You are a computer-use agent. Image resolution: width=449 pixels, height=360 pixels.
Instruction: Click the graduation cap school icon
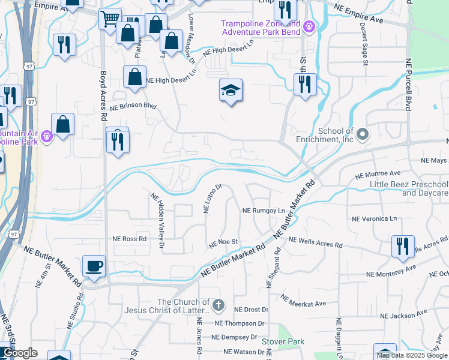pos(231,90)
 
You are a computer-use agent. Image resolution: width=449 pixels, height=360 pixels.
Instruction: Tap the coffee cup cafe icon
pos(94,266)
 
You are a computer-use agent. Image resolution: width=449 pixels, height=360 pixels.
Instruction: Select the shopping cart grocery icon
pos(110,19)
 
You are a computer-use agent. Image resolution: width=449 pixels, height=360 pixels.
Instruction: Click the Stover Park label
pos(283,341)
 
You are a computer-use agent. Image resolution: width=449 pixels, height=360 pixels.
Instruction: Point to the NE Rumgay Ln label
pos(263,211)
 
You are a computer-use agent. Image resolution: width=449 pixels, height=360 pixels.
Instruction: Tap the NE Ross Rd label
pos(130,238)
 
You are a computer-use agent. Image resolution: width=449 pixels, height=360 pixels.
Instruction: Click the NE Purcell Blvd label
pos(408,85)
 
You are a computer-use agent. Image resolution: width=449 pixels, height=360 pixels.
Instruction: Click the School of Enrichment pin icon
pos(362,134)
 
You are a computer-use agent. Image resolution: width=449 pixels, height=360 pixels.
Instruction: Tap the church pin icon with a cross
pos(218,306)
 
